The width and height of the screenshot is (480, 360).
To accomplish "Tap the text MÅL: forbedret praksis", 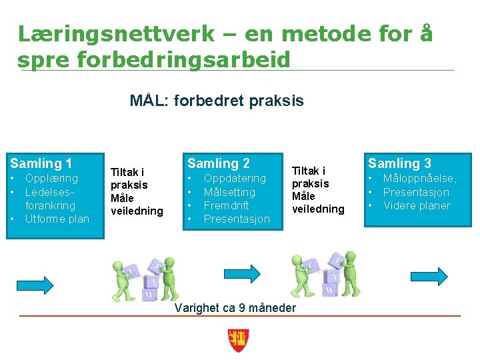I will coord(217,101).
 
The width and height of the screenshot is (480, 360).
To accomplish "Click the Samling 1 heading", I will coord(41,163).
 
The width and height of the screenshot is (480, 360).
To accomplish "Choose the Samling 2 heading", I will coord(219,163).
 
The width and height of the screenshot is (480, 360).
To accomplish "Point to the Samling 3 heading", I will coord(399,163).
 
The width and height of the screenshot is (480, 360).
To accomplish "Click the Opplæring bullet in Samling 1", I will coord(51,179).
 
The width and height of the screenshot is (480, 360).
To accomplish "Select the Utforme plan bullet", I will coord(57,219).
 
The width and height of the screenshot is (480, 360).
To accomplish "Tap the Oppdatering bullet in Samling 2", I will coord(235,179).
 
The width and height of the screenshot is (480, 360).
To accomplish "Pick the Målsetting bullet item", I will coord(229,192).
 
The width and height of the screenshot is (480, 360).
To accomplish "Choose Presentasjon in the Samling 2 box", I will coord(237,219).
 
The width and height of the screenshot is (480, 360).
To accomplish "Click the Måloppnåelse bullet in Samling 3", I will coord(420,179).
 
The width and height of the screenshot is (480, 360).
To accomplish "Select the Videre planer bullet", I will coord(417,205).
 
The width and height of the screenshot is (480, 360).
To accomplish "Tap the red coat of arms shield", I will coord(238,340).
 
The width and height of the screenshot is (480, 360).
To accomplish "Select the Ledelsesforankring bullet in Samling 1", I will coord(50,199).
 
